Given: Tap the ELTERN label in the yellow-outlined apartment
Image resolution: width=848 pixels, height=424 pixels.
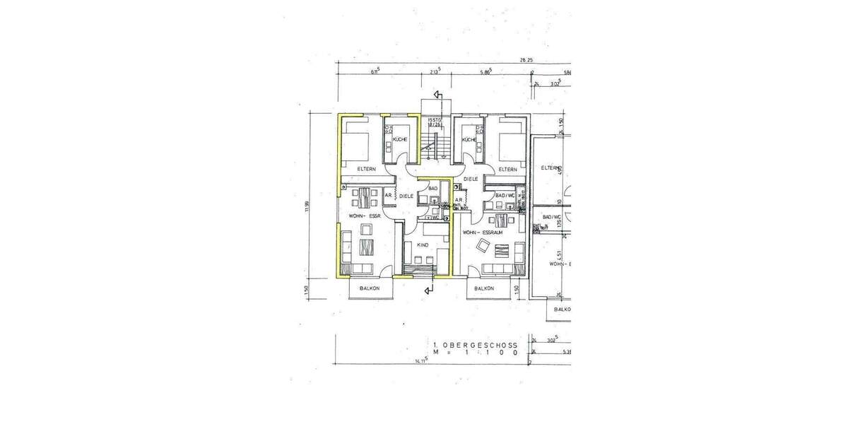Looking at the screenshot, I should click(x=365, y=169).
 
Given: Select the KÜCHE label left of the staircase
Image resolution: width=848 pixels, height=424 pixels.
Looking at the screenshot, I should click(x=400, y=140).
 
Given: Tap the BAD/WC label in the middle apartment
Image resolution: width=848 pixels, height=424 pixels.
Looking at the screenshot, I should click(x=505, y=195).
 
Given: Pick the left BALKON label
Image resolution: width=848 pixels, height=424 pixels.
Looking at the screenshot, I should click(x=370, y=288).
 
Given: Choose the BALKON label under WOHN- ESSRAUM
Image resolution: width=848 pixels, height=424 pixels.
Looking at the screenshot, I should click(x=484, y=288).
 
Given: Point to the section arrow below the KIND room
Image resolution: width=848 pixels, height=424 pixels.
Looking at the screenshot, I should click(x=428, y=290).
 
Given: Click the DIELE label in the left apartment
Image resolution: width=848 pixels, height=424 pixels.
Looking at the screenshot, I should click(x=406, y=196).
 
